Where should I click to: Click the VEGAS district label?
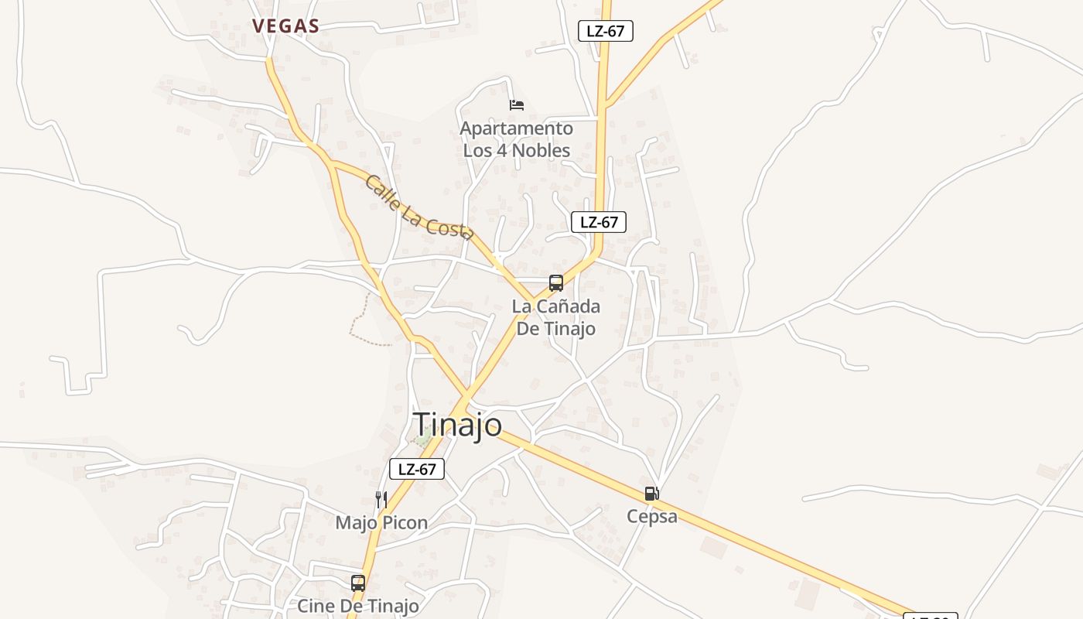(x=285, y=26)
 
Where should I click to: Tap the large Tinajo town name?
(x=458, y=425)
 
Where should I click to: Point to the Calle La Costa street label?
(x=419, y=207)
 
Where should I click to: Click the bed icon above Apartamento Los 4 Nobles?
(x=517, y=104)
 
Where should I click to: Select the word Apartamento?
(x=517, y=128)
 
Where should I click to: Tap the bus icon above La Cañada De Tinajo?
(x=556, y=282)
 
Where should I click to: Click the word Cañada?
(x=569, y=306)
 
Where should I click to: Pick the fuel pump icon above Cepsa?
(x=652, y=494)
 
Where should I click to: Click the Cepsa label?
(x=652, y=517)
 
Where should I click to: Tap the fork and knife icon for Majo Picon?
(x=381, y=499)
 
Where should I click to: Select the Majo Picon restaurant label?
(x=381, y=523)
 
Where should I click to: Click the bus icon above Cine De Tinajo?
(x=357, y=583)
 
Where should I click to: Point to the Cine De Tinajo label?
(x=358, y=606)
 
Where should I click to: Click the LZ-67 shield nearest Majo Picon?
(x=417, y=469)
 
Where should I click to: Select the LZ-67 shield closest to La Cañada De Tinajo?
(x=599, y=222)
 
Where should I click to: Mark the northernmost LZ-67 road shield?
(x=606, y=31)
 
